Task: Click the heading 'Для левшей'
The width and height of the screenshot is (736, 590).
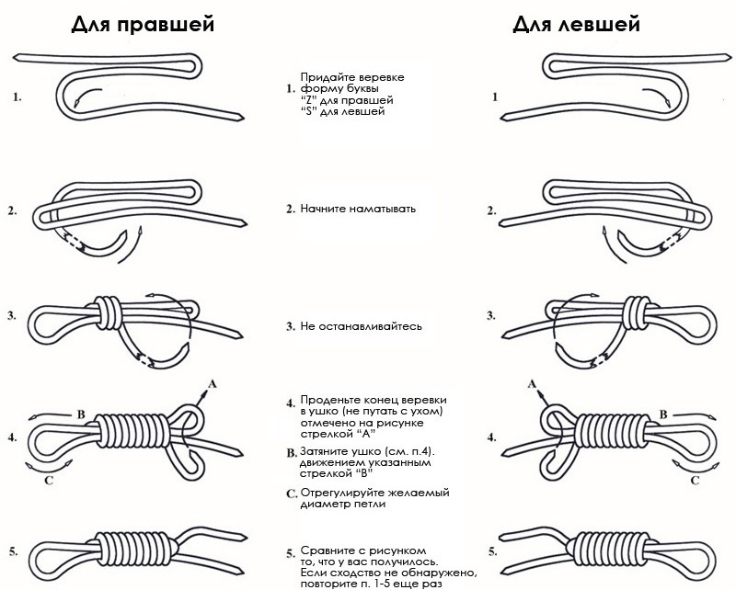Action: coord(577,25)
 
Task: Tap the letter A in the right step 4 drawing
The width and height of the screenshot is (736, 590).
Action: coord(531,381)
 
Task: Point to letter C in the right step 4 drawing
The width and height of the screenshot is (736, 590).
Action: coord(696,479)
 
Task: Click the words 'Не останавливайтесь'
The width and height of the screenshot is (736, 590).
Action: coord(362,326)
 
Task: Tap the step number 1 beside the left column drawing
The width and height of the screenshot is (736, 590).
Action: coord(17,96)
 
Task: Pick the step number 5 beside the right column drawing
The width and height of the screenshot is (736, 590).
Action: coord(494,552)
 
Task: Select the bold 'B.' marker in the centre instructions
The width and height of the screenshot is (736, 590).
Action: coord(291,452)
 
